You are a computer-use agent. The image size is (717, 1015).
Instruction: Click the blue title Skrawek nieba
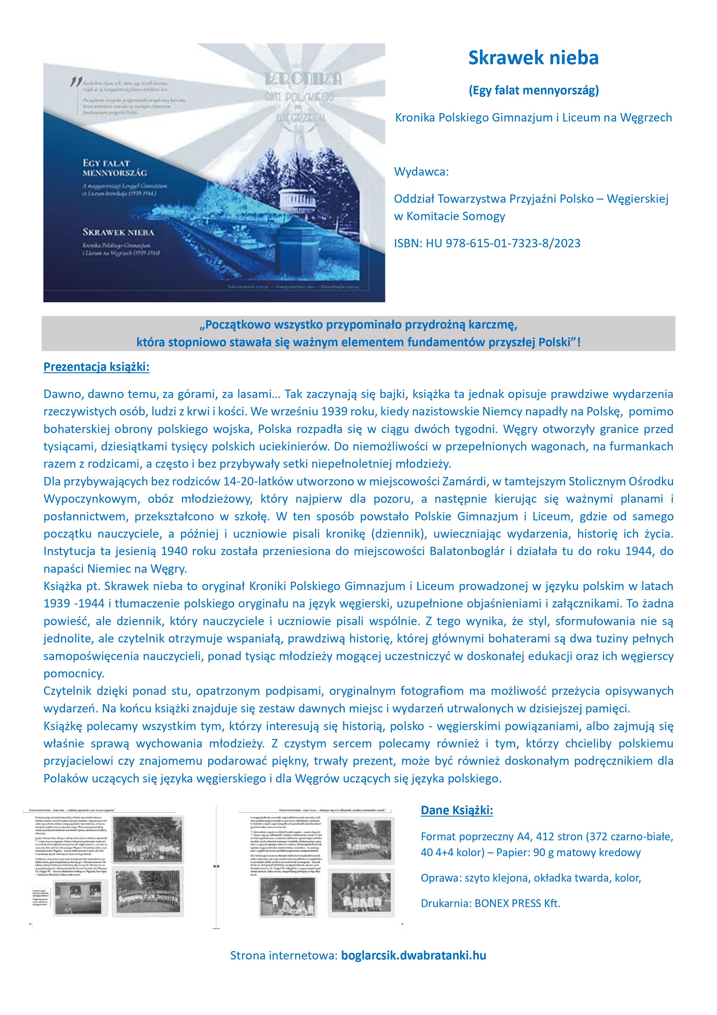533,58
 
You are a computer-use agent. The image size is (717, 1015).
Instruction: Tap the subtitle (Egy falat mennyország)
533,91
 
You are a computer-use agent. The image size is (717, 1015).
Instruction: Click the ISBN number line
487,243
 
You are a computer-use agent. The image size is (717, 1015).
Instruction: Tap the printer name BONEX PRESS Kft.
517,904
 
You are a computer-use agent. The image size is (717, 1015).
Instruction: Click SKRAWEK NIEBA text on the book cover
118,232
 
